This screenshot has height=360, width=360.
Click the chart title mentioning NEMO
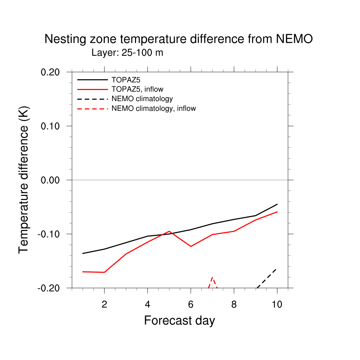point(178,39)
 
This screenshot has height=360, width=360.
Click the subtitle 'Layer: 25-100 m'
point(127,53)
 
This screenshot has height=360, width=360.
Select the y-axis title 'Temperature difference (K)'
point(24,180)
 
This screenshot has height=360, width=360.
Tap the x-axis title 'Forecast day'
point(179,321)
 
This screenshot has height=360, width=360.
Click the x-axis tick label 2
point(104,304)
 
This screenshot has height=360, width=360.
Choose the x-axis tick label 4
point(148,304)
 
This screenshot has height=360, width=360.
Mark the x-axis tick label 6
point(191,304)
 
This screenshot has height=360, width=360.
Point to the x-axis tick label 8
point(234,304)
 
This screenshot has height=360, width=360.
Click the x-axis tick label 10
point(277,304)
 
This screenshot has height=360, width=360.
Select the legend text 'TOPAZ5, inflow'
point(137,89)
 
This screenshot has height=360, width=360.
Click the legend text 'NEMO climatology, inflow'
point(153,109)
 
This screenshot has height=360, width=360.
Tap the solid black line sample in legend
point(92,80)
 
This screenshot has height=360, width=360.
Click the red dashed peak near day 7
point(212,277)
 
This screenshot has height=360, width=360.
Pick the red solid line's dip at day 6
point(191,246)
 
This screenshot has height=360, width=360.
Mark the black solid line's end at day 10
point(277,204)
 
